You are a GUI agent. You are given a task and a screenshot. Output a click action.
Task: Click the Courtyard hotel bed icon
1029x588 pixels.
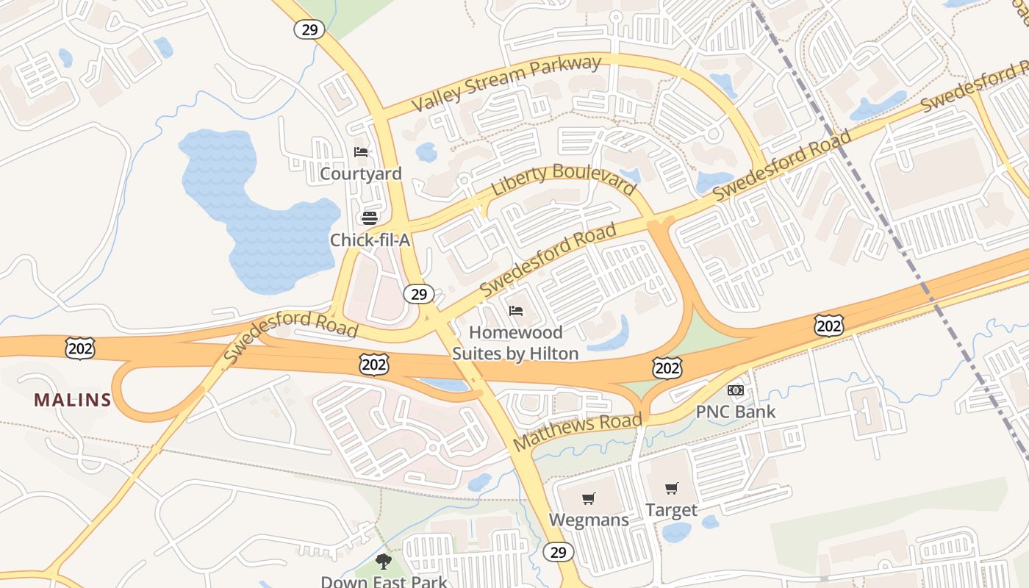coord(361,152)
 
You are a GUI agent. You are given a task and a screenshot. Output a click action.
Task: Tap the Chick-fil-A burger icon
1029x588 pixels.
coord(370,218)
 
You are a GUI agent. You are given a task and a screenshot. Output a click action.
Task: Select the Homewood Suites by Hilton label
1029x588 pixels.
coord(515,343)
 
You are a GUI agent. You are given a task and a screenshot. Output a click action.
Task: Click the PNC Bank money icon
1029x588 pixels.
coord(736,390)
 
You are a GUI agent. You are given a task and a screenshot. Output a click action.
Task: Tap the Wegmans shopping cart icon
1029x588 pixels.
coord(588,499)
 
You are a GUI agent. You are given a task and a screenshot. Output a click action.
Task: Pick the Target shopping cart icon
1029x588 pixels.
coord(671,489)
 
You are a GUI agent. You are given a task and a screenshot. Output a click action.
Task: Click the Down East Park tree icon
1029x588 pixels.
coord(383,562)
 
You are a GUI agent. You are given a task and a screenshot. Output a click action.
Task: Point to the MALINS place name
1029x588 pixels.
coord(73,401)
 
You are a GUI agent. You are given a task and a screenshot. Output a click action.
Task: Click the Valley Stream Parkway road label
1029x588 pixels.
coord(506,83)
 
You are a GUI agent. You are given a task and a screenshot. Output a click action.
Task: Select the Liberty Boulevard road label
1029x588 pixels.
coord(563,179)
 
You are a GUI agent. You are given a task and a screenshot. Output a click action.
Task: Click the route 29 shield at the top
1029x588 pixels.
coord(309,29)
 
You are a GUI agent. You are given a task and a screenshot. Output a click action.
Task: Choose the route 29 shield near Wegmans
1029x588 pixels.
coord(558,551)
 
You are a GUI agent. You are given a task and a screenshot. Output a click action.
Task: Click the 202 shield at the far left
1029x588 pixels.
coord(79,348)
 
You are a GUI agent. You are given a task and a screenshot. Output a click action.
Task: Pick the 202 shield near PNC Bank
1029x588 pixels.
coord(667,367)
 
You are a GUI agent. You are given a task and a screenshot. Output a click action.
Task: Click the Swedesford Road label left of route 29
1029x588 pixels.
coord(290,336)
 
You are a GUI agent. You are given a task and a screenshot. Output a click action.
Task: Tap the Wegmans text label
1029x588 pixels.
coord(589,520)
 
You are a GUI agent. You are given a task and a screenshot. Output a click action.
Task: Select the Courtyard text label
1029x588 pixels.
coord(361,173)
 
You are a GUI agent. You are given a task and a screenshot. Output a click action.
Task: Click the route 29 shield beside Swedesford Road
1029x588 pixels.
coord(418,294)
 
